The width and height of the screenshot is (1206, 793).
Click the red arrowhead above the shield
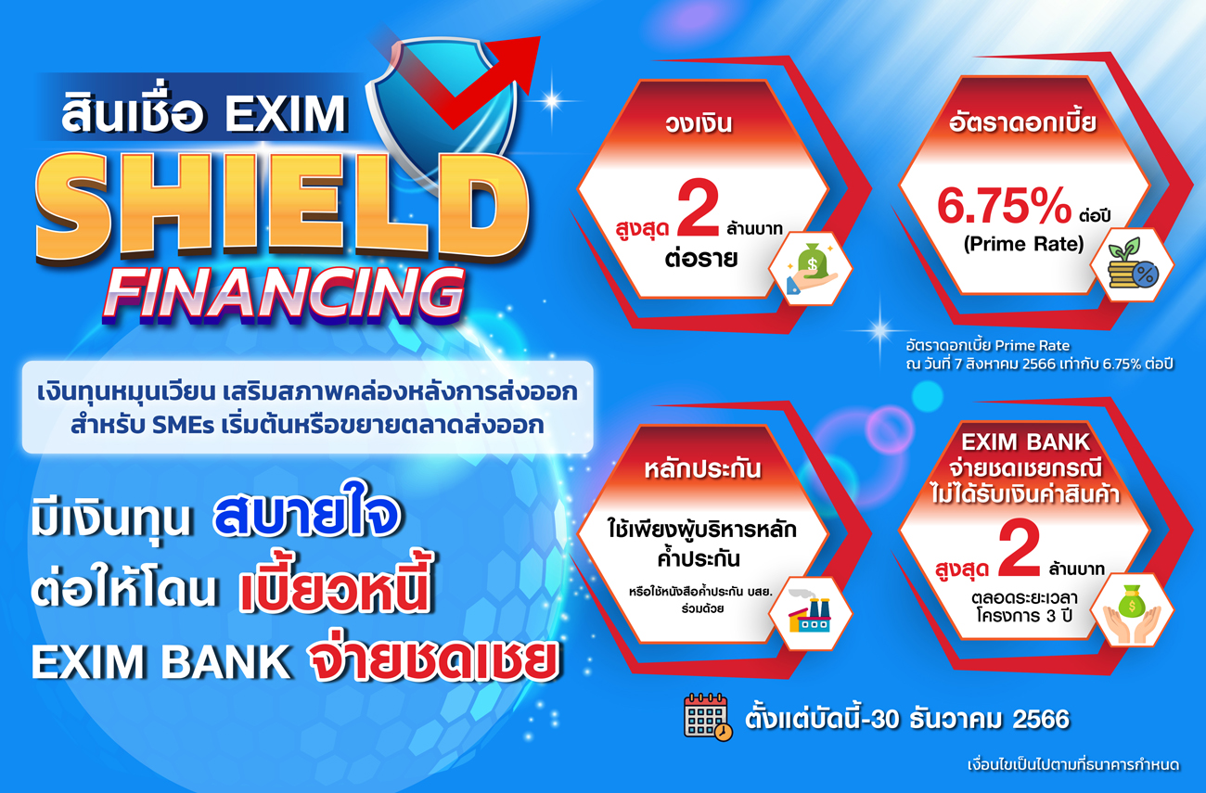[520, 62]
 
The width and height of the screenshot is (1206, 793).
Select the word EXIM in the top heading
[286, 114]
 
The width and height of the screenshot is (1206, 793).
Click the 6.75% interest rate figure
[1005, 206]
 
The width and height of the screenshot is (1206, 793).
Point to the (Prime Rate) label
[1023, 245]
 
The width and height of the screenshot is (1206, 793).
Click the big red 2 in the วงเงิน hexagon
[699, 209]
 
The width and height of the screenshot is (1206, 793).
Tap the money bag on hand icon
[812, 268]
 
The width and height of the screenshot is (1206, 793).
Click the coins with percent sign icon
[1132, 263]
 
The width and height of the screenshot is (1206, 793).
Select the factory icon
[810, 612]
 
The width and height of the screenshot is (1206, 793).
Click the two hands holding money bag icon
[1132, 613]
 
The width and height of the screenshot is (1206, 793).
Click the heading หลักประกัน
[702, 469]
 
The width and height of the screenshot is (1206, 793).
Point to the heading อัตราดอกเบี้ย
[1022, 122]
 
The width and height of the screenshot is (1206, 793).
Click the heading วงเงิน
[699, 123]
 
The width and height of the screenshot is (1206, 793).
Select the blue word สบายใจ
[307, 515]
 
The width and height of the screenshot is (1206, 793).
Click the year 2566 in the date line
[1041, 719]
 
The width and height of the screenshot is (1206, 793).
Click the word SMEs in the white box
[184, 426]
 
